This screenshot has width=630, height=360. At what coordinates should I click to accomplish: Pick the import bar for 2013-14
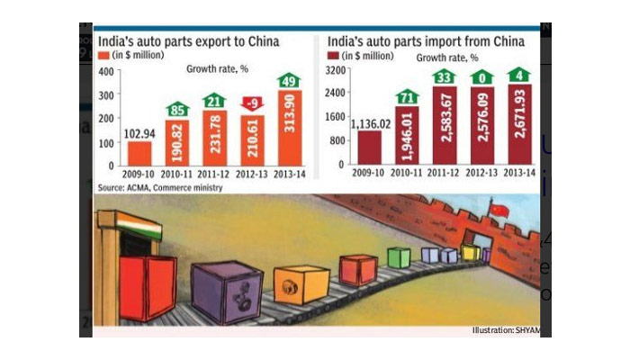[518, 126]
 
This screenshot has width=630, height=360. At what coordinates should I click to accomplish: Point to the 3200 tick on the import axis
[335, 70]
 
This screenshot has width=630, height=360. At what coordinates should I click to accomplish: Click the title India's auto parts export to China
[188, 41]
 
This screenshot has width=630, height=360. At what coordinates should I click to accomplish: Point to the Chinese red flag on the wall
[499, 211]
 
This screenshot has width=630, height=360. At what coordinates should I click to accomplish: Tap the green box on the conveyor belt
[399, 257]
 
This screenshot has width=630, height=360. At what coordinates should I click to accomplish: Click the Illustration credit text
[506, 330]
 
